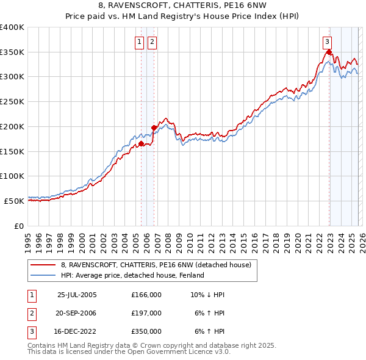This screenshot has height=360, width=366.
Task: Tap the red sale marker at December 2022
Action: (329, 52)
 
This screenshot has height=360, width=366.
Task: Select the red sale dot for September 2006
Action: (154, 128)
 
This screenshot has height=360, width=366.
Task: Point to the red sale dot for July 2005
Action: (141, 143)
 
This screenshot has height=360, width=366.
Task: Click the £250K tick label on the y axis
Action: (12, 102)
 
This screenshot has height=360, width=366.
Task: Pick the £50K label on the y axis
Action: (14, 201)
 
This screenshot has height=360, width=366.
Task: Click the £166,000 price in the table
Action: (146, 294)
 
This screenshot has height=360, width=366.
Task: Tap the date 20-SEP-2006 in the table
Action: (77, 312)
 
